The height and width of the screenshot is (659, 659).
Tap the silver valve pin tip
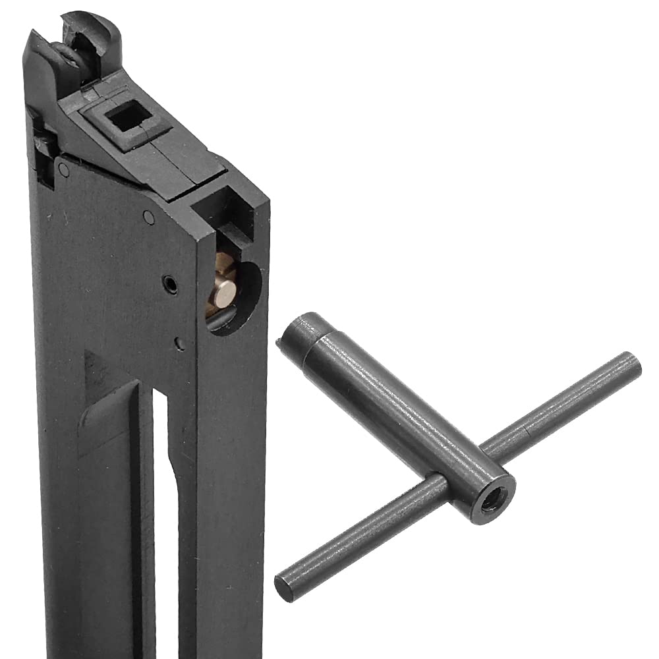[225, 291]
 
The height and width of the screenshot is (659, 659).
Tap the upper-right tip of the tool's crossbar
[630, 364]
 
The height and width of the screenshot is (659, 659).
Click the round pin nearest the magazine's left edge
[63, 169]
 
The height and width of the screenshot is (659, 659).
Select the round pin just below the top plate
[150, 217]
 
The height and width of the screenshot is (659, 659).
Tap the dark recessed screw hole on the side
[170, 284]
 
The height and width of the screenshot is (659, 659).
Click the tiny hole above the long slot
[179, 343]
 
